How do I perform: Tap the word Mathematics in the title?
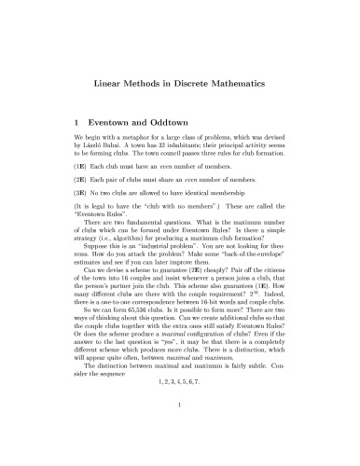[253, 84]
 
